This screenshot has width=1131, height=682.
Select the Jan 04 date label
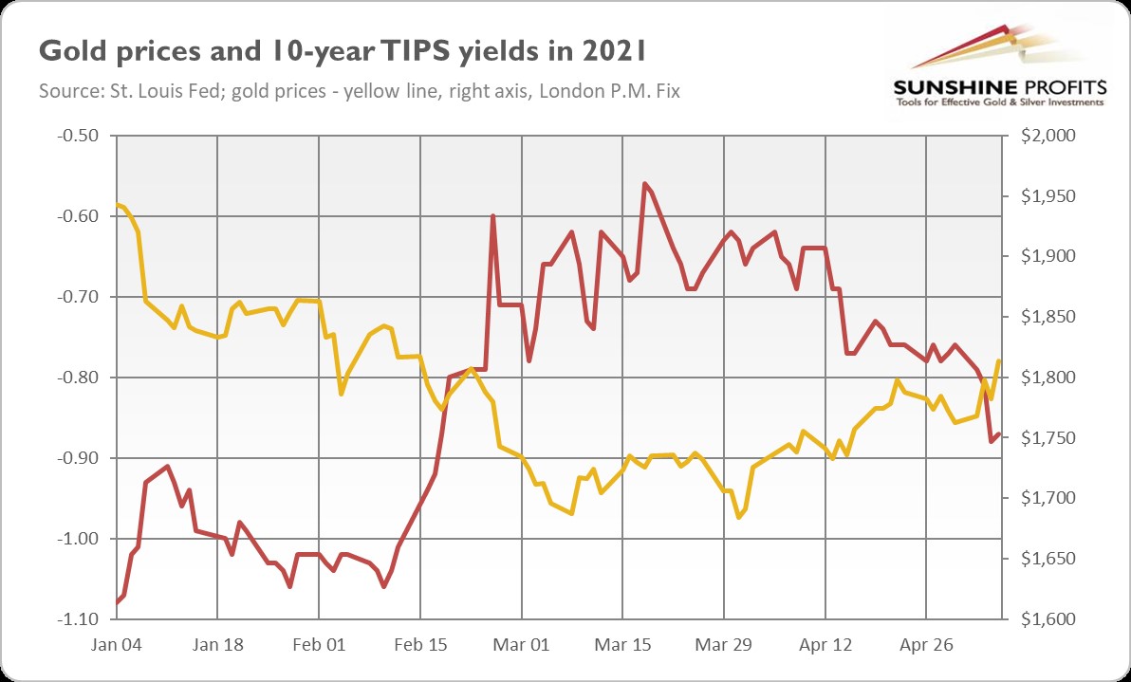click(x=117, y=644)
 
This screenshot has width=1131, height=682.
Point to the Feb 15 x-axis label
click(x=420, y=644)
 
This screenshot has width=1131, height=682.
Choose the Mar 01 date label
click(x=523, y=644)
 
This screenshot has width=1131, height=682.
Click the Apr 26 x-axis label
click(x=927, y=644)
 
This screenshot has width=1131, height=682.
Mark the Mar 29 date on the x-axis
click(x=725, y=644)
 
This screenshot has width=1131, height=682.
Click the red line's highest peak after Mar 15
click(x=644, y=183)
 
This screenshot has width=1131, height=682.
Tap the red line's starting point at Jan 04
click(x=117, y=602)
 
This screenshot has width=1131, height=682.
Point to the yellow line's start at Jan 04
click(x=117, y=205)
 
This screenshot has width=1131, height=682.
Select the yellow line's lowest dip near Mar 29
click(x=739, y=517)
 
